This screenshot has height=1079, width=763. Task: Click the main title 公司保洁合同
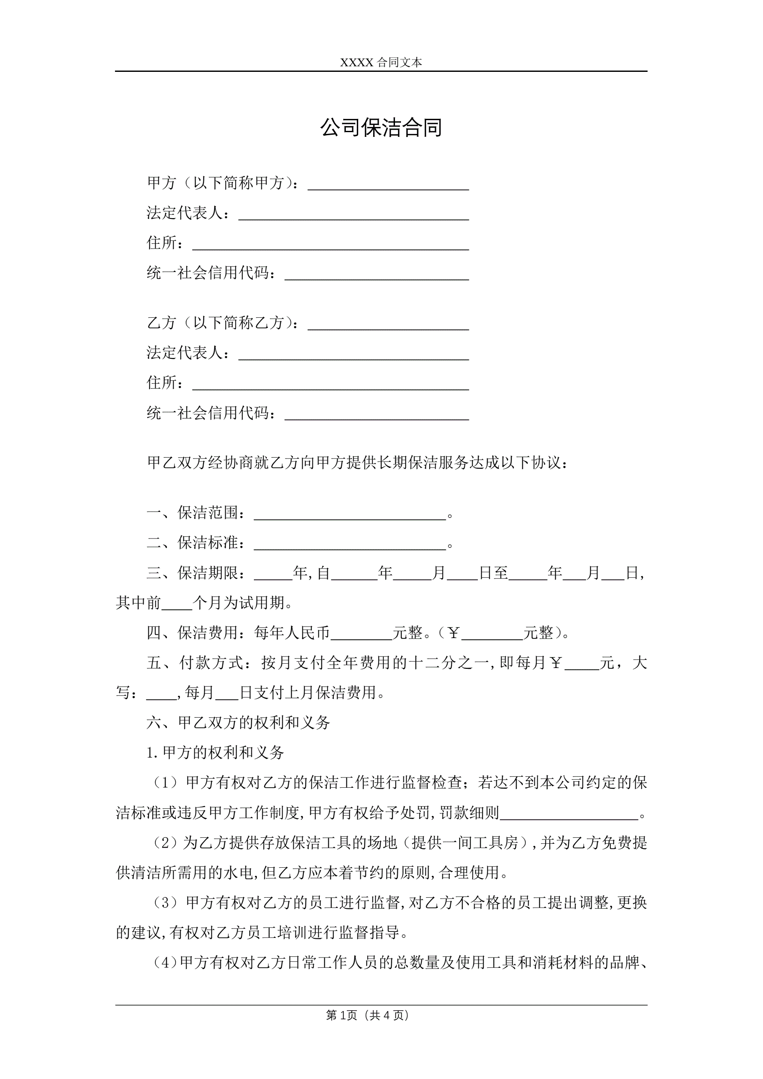tap(381, 128)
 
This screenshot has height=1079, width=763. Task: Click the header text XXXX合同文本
tap(381, 62)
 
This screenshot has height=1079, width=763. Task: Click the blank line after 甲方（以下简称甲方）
tap(388, 186)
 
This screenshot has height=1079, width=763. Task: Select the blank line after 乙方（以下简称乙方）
tap(388, 326)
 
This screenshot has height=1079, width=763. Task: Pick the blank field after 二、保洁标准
tap(350, 546)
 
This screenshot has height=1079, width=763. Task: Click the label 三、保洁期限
tap(195, 573)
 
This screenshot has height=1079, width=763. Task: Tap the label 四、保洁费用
tap(195, 633)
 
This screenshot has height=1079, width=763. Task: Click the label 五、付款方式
tap(195, 663)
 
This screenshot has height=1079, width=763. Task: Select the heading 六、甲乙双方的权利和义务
tap(238, 722)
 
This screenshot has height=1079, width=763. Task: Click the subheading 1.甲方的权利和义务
tap(215, 753)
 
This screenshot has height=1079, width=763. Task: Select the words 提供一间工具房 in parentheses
tap(465, 843)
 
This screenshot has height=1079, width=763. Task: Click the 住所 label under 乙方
tap(162, 382)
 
